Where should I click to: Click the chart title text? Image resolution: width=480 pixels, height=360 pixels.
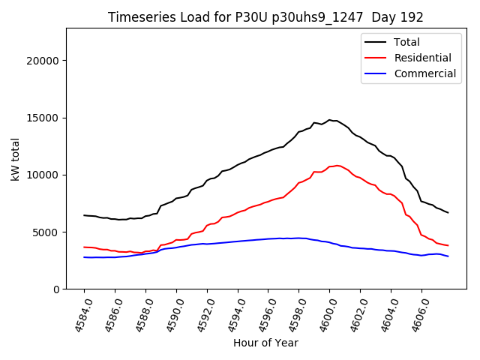click(x=265, y=17)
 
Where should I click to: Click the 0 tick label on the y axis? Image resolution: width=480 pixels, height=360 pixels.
click(x=56, y=289)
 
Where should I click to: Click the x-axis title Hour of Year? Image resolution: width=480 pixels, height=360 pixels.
click(x=265, y=343)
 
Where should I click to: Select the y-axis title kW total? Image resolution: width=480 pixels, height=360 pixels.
click(x=15, y=159)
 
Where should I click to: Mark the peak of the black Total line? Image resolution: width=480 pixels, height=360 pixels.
click(x=329, y=119)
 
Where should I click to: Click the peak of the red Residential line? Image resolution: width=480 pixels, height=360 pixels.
click(x=337, y=165)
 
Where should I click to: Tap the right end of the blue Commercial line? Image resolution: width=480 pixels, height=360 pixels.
click(x=448, y=256)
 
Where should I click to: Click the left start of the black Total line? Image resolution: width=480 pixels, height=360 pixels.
click(x=84, y=215)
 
